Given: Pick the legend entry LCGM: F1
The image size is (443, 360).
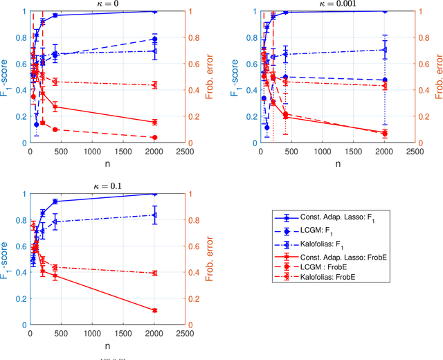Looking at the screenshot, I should (x=318, y=231).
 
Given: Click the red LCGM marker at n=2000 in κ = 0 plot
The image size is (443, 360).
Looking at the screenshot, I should (x=154, y=138).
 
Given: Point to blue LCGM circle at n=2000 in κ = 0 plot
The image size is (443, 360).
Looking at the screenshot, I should (x=154, y=39).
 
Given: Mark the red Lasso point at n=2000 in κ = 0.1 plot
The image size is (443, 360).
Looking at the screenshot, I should (x=154, y=310).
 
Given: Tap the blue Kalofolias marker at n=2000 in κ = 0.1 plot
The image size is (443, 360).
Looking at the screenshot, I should (x=154, y=215).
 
